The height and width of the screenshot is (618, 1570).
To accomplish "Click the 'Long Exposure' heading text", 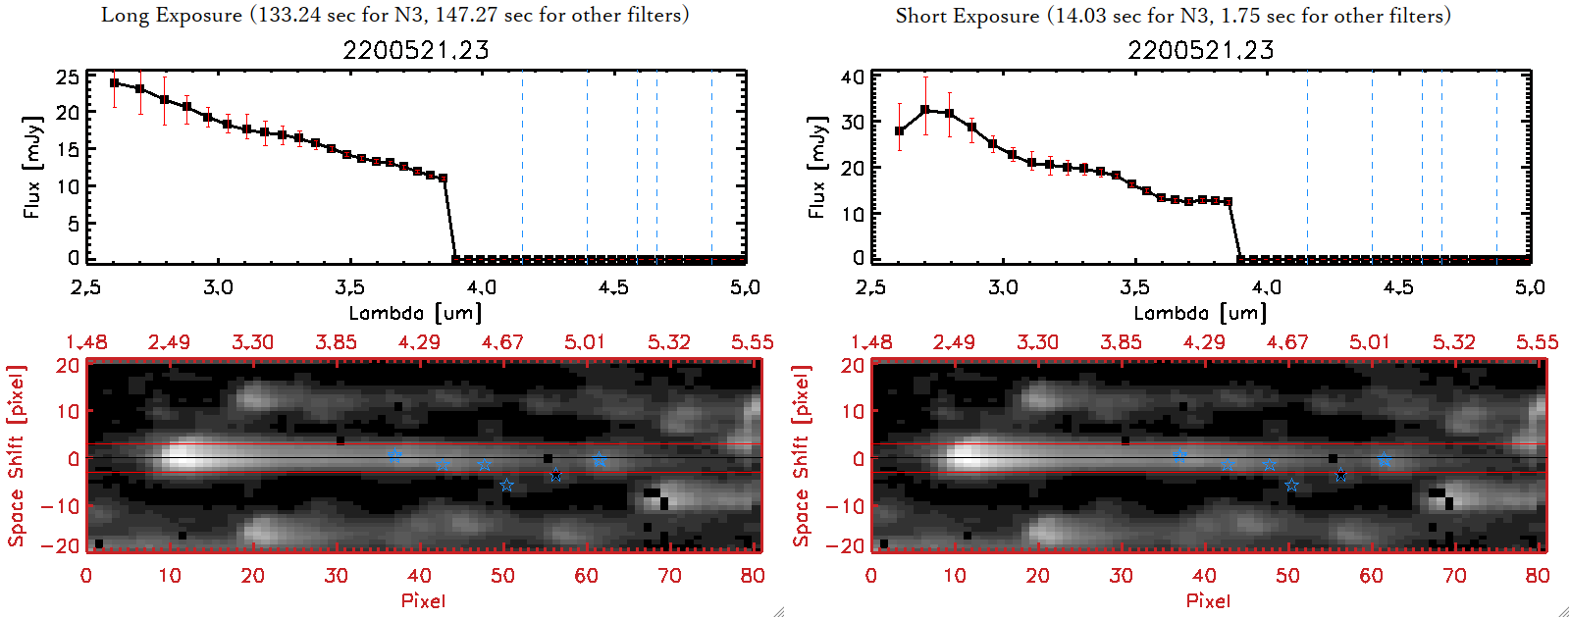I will [x=172, y=15].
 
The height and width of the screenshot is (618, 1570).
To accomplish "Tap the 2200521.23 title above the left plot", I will [x=416, y=50].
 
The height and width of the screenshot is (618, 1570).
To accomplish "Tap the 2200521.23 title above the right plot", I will [x=1201, y=50].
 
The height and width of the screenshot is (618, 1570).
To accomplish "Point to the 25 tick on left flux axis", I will [x=68, y=77].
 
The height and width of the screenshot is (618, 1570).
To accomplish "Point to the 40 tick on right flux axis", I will [x=853, y=77].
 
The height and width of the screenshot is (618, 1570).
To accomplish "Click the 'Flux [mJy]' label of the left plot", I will [x=32, y=167].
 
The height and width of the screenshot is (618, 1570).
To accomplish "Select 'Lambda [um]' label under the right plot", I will [x=1200, y=313].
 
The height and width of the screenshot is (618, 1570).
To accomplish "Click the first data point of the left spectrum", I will [x=115, y=83].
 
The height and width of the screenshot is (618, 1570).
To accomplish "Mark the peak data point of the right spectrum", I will [x=924, y=110].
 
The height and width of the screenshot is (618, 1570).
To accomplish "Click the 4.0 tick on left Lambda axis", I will [x=481, y=287].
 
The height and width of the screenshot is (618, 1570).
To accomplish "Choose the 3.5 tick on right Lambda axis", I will [x=1134, y=287].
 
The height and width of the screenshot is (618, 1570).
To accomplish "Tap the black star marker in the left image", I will [x=556, y=476].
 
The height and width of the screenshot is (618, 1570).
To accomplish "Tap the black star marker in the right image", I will [x=1341, y=476].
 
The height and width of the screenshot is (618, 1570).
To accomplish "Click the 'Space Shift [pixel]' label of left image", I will [x=16, y=456].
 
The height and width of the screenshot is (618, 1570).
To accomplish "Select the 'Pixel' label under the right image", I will [x=1208, y=600].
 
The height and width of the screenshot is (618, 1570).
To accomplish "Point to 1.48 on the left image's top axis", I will [x=86, y=342].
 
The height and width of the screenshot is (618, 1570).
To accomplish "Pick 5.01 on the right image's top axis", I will [x=1369, y=342].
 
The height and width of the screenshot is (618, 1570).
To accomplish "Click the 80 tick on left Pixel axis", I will [x=753, y=576].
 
